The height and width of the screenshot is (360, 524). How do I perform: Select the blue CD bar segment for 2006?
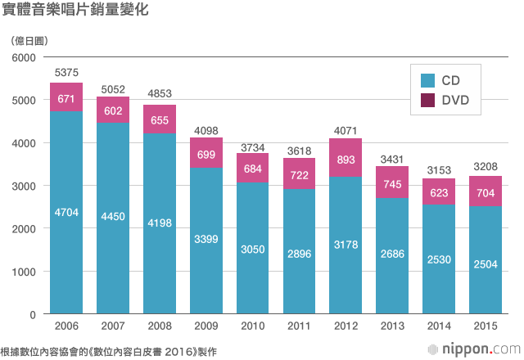(x=66, y=245)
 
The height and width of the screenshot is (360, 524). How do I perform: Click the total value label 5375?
(x=66, y=73)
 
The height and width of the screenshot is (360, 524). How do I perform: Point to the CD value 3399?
(x=206, y=240)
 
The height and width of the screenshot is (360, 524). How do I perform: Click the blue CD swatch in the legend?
(x=427, y=81)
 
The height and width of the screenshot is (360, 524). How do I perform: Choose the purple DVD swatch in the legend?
(x=427, y=100)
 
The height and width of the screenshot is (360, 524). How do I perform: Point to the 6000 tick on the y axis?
(x=26, y=57)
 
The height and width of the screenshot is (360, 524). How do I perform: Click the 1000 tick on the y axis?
(x=26, y=272)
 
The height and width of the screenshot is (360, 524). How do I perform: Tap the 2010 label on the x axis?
(x=252, y=326)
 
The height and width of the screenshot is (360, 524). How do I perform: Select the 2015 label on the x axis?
(x=485, y=326)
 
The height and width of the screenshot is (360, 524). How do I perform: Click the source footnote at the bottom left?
(x=106, y=349)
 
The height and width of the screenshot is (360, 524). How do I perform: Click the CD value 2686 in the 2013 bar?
(x=392, y=255)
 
